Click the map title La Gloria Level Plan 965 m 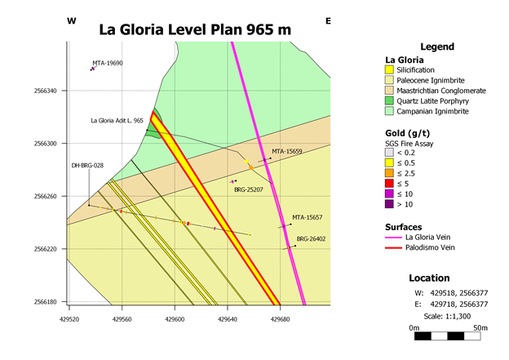click(195, 29)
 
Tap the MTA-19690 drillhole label click(108, 63)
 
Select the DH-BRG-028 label click(87, 166)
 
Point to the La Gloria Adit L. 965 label click(117, 121)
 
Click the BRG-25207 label click(249, 189)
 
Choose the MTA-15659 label click(287, 151)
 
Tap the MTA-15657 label click(307, 217)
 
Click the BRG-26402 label click(311, 239)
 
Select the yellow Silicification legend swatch click(389, 70)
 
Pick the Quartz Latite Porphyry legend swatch click(389, 100)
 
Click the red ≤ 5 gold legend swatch click(389, 184)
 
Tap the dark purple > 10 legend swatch click(389, 204)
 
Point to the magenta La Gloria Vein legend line click(393, 238)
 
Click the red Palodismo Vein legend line click(393, 248)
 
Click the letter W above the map click(72, 21)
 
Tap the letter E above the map click(328, 21)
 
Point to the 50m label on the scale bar click(480, 328)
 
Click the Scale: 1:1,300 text click(447, 316)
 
